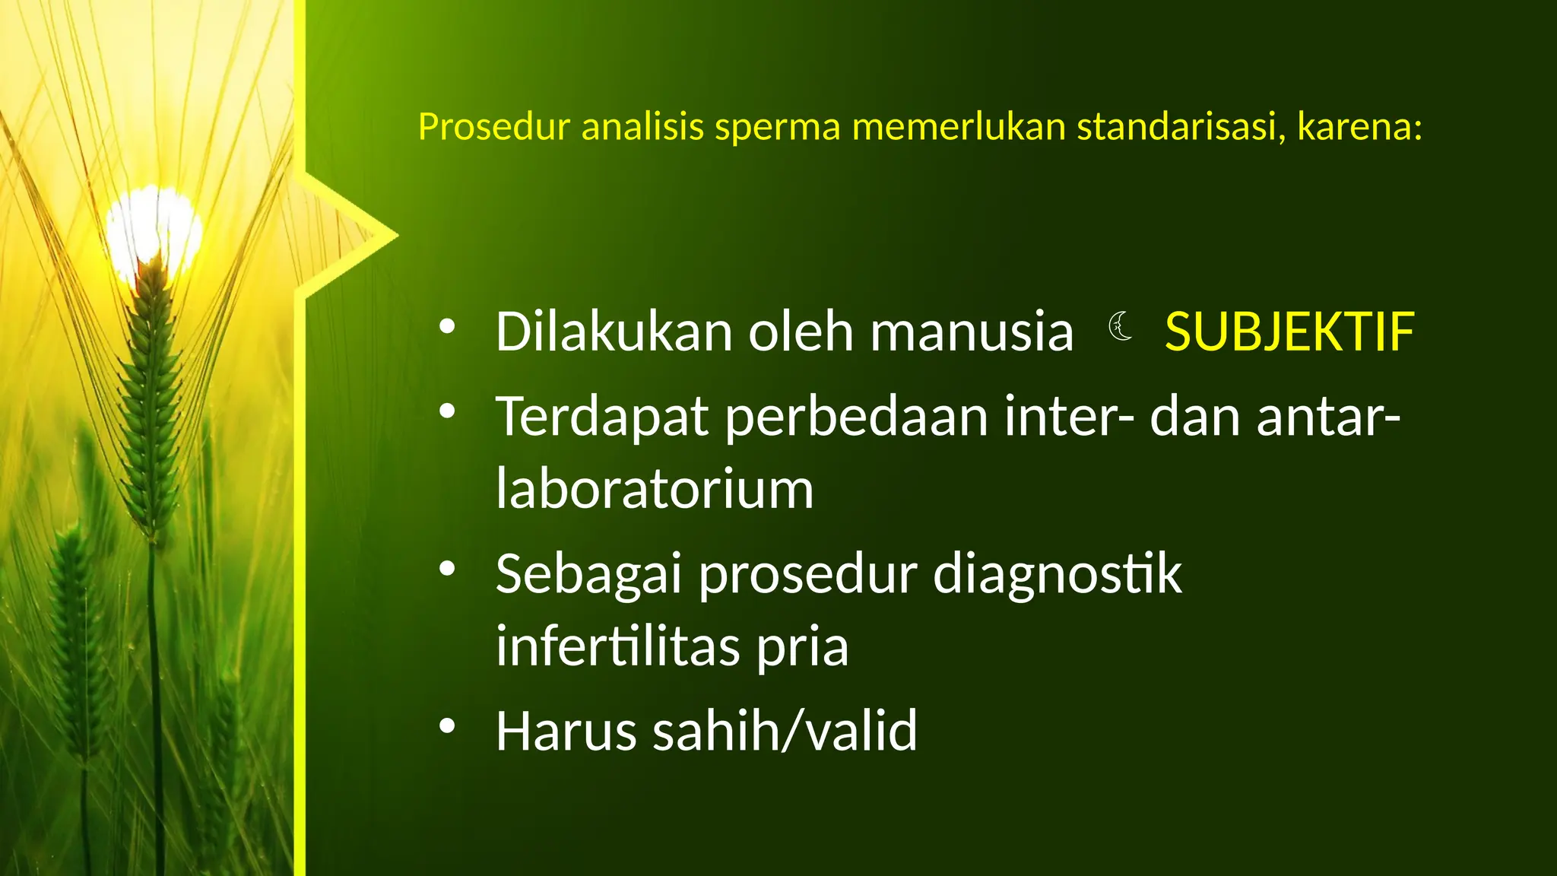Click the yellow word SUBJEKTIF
(1289, 333)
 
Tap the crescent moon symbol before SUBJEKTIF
(1120, 327)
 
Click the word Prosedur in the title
(493, 127)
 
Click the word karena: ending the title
(1359, 127)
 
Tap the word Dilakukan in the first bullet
(614, 332)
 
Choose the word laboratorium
(655, 489)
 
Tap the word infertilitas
(617, 646)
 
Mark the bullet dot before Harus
(447, 726)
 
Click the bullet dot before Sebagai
(447, 568)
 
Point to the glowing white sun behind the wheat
(154, 228)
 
